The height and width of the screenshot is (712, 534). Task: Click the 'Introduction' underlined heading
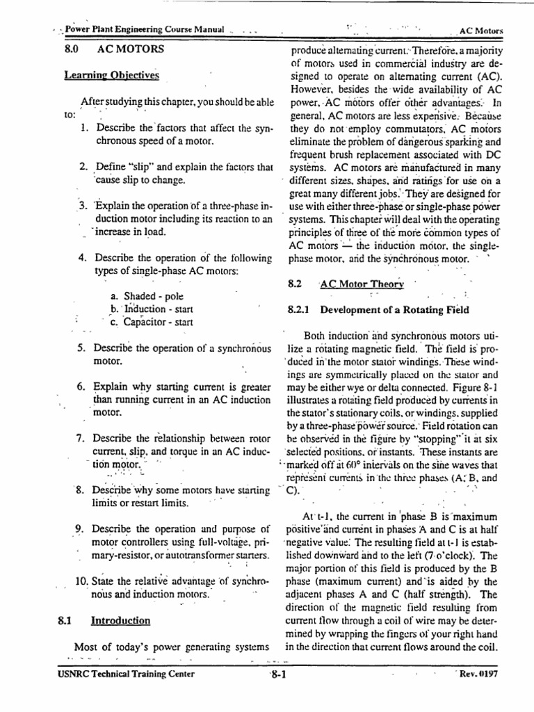[x=121, y=620]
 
